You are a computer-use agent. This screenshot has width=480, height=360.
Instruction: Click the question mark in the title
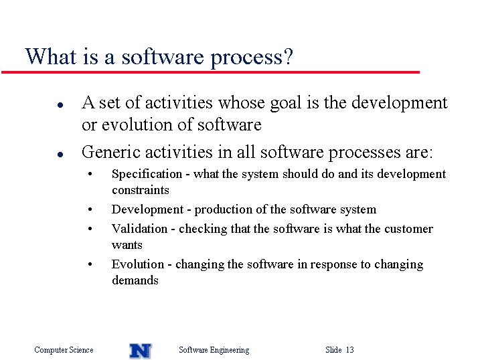click(288, 56)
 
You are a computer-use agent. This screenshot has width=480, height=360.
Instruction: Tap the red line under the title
click(210, 72)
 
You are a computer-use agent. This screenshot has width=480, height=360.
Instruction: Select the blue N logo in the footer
click(141, 351)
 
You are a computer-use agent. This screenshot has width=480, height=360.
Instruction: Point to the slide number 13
click(350, 349)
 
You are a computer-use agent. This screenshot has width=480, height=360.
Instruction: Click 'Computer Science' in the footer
click(64, 350)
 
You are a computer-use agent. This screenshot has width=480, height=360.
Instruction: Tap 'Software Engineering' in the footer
click(214, 350)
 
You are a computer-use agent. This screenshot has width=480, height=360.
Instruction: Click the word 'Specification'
click(147, 175)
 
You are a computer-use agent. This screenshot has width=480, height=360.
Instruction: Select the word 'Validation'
click(140, 229)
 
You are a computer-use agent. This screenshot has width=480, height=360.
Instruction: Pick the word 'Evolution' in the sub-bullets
click(138, 264)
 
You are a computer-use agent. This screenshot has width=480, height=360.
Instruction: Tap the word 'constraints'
click(141, 190)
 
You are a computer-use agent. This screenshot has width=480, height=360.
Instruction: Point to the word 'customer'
click(408, 229)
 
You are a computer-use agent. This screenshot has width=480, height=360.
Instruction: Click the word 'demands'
click(135, 280)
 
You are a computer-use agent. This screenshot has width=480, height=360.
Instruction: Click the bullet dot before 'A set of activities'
click(60, 105)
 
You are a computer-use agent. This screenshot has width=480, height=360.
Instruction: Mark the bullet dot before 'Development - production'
click(90, 210)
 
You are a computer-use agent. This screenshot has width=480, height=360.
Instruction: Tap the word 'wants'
click(127, 246)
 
